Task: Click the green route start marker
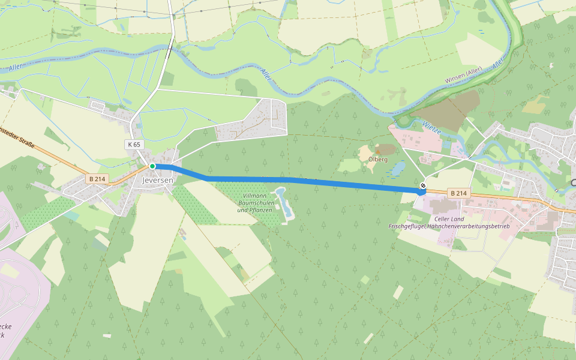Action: click(x=152, y=166)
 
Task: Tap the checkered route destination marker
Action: click(x=423, y=186)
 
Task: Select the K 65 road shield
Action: click(x=134, y=145)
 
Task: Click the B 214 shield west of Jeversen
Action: click(x=96, y=179)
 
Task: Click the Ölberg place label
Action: click(x=378, y=160)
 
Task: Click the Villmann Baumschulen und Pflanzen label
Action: click(x=255, y=203)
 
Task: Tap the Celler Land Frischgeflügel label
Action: click(x=449, y=223)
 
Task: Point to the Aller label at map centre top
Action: click(x=265, y=74)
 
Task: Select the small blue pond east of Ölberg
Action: click(x=397, y=169)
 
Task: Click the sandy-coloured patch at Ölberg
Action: click(x=366, y=152)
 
